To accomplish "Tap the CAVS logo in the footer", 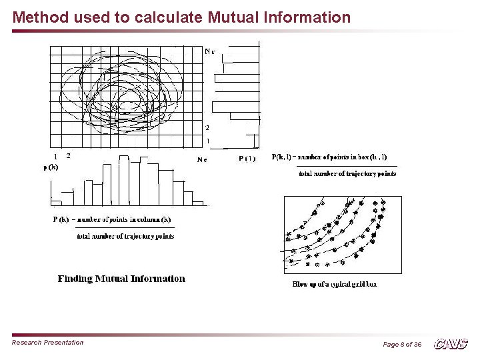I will tap(451, 344).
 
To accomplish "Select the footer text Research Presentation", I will tap(48, 343).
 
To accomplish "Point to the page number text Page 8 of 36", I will tap(402, 344).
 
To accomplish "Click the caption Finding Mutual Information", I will tap(121, 279).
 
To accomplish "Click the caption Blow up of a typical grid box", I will tap(335, 284).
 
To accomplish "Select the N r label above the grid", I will tap(209, 51).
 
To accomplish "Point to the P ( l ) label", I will tap(247, 159).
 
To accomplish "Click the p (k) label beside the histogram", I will tap(51, 167).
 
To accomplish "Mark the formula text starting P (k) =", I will tap(112, 219).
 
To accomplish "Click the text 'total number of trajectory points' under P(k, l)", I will tap(347, 174).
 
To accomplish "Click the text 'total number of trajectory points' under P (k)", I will tap(125, 235).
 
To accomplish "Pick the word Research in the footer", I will tap(27, 343).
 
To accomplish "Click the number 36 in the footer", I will tap(417, 344).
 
